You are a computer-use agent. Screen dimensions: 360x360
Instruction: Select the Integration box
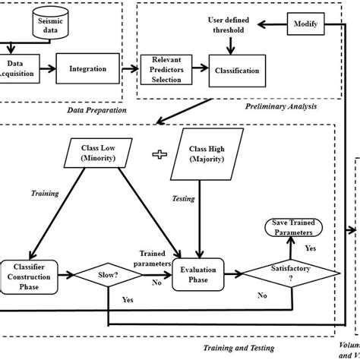88,68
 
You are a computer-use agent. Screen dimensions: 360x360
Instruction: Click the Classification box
237,71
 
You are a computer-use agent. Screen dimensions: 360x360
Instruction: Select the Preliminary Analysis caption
280,106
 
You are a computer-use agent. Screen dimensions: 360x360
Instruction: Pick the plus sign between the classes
159,154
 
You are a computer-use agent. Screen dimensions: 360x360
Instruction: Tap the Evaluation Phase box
200,273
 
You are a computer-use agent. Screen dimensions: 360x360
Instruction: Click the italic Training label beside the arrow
45,194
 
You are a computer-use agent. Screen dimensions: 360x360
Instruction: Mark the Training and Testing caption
238,349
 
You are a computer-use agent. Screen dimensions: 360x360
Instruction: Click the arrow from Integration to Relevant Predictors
129,69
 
